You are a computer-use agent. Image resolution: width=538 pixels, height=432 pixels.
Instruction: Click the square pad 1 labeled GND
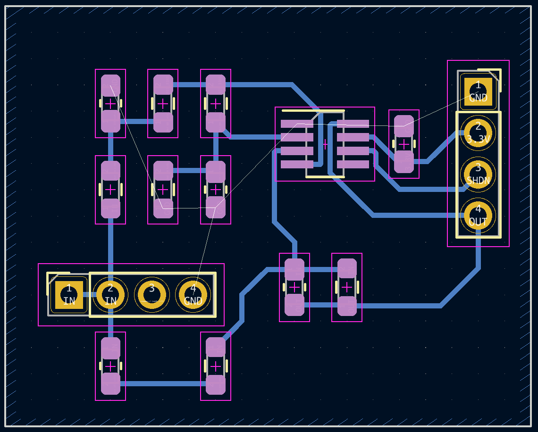tap(478, 91)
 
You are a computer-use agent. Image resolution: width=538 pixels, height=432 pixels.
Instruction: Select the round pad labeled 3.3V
tap(478, 133)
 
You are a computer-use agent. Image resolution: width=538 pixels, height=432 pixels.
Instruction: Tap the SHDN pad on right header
tap(478, 173)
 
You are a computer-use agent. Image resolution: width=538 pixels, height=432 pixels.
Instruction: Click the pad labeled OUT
tap(478, 215)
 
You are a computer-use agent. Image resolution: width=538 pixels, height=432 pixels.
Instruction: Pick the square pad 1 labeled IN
tap(69, 295)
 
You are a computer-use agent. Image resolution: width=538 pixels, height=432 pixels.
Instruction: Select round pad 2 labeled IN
tap(110, 295)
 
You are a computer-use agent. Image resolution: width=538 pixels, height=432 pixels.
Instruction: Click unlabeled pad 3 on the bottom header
tap(151, 295)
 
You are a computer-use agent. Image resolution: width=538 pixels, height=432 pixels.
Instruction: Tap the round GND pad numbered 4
tap(193, 295)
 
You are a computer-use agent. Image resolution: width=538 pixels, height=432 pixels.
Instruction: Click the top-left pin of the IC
tap(297, 124)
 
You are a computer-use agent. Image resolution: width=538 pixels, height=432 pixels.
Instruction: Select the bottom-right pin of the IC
tap(353, 164)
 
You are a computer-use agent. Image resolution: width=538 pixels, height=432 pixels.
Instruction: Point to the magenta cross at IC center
tap(325, 144)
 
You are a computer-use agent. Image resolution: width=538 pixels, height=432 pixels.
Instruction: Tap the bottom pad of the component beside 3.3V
tap(404, 162)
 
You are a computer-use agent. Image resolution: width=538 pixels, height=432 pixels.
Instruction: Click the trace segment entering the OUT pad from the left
tap(415, 215)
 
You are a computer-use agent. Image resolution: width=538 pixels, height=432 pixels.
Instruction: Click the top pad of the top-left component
tap(110, 85)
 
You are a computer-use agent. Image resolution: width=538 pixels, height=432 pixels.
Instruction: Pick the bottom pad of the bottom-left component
tap(110, 383)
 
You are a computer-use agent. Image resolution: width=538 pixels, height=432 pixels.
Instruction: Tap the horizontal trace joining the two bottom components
tap(163, 383)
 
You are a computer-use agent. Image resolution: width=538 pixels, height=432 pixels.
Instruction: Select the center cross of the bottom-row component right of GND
tap(216, 366)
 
